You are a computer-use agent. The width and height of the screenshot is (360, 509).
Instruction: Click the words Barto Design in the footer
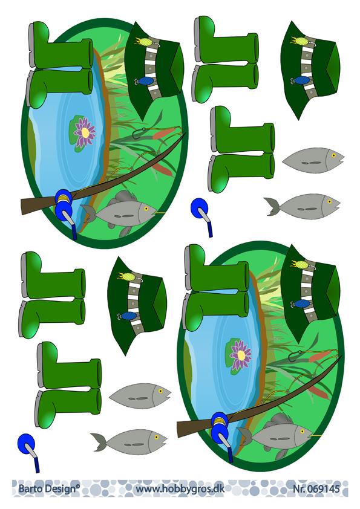[47, 489]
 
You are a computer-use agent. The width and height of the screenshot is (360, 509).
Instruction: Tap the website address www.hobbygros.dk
[180, 489]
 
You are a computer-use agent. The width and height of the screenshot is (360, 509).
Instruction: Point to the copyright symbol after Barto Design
[78, 486]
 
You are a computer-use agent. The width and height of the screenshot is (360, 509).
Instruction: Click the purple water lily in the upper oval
[84, 132]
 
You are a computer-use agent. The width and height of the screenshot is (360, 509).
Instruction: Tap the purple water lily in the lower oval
[241, 355]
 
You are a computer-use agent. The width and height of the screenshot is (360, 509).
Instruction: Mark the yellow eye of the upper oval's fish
[146, 209]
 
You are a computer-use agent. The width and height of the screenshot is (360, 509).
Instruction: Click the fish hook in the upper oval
[139, 132]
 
